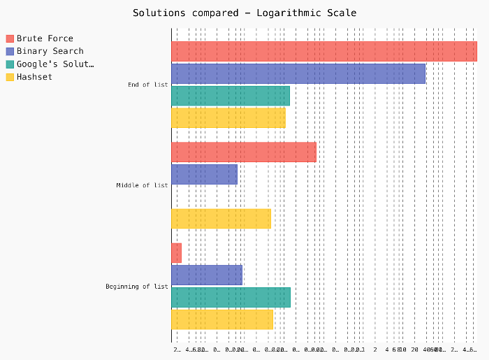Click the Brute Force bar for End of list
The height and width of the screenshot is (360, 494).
coord(324,52)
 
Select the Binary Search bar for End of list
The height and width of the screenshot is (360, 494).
coord(298,73)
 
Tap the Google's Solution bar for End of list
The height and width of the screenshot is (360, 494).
coord(230,96)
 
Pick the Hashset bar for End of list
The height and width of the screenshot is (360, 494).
coord(228,117)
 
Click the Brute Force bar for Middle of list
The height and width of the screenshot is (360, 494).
coord(243,152)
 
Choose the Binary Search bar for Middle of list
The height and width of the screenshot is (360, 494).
coord(204,174)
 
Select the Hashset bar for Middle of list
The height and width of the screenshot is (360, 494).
coord(221,219)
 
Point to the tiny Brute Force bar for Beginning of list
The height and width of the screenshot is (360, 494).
coord(176,253)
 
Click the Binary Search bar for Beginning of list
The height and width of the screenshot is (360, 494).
coord(207,275)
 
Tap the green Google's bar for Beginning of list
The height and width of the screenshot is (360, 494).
coord(231,297)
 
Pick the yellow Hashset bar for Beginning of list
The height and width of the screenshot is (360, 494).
coord(222,319)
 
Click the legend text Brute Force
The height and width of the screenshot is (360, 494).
coord(45,38)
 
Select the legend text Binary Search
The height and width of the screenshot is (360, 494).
coord(50,51)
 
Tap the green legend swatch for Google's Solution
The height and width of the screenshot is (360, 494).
coord(10,64)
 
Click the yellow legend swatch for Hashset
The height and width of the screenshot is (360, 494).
coord(10,77)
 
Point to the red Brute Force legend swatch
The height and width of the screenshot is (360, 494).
coord(10,38)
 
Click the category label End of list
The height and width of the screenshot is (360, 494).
coord(147,85)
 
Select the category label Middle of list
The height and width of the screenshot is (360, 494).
coord(142,185)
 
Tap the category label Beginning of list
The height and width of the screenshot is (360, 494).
coord(137,286)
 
